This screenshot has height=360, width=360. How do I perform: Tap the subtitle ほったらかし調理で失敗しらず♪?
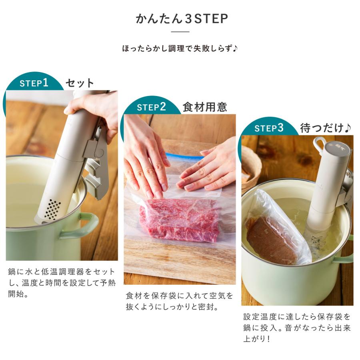[x=180, y=49]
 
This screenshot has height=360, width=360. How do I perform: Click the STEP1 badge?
[x=34, y=83]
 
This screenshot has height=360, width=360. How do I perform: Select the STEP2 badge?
[x=151, y=107]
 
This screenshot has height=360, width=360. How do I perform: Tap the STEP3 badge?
[x=269, y=128]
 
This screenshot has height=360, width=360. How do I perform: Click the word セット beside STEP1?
[x=80, y=83]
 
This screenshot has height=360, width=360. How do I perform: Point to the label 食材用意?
[x=204, y=107]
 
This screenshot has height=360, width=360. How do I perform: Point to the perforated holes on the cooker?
[x=52, y=208]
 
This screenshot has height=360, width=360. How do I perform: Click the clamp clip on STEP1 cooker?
[x=96, y=164]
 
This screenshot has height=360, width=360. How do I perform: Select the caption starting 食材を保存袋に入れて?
[x=179, y=301]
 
